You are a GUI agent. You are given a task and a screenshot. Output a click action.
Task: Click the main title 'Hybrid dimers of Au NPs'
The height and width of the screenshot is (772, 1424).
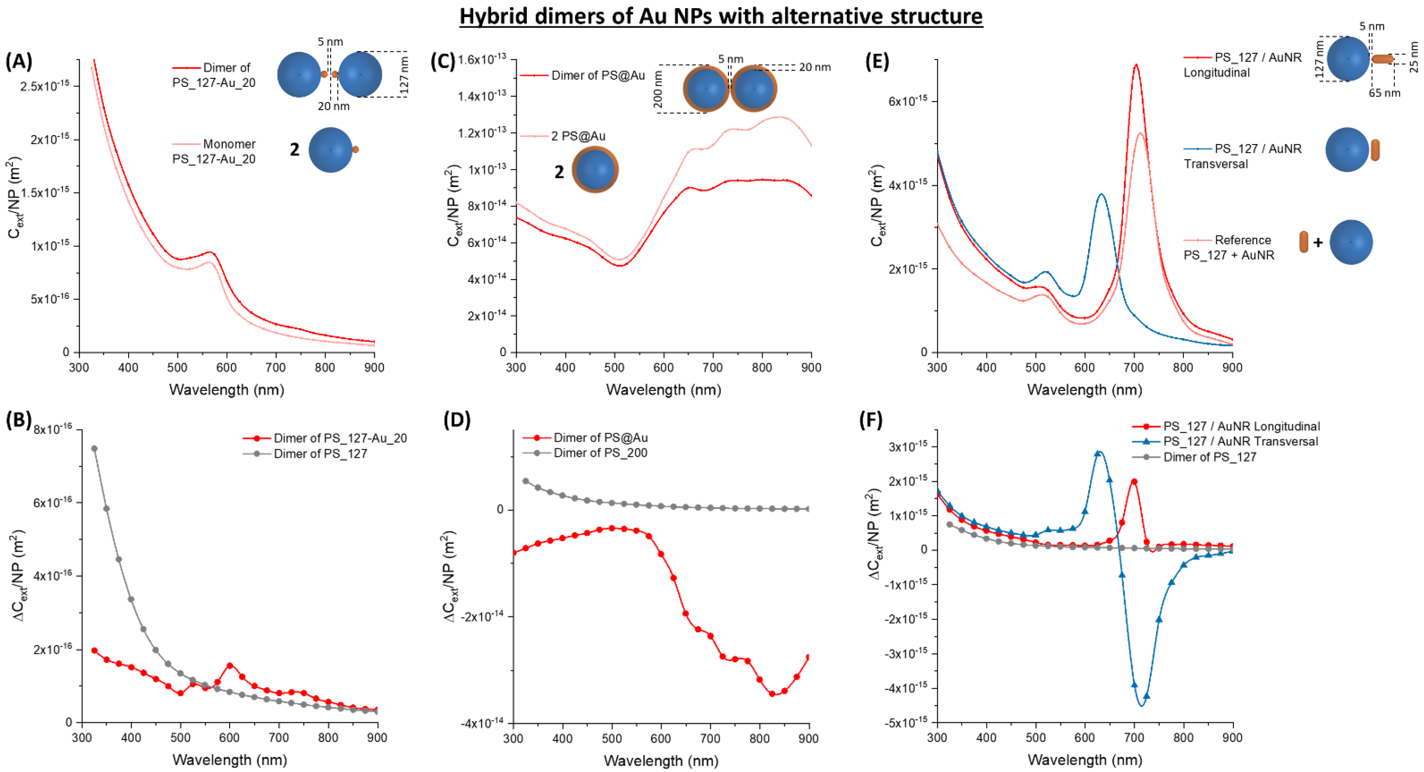point(721,16)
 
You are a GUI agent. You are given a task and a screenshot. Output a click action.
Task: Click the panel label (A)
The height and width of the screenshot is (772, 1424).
point(18,61)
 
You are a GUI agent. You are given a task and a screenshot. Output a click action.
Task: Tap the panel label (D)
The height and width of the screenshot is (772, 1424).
point(457,420)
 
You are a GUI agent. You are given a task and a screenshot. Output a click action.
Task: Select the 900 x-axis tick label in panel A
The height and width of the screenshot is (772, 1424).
point(374,368)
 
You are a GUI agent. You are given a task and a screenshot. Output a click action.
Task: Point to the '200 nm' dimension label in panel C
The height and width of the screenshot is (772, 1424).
point(658,89)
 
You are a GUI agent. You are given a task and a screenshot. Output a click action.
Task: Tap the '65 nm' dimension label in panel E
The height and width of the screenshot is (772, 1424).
point(1384,93)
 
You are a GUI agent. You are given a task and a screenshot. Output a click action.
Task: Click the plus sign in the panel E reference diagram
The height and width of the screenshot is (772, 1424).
point(1318,242)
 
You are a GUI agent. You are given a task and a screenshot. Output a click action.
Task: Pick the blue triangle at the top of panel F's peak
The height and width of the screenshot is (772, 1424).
point(1098,454)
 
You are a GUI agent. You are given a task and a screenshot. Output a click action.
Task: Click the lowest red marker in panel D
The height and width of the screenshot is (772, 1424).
point(772,694)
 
